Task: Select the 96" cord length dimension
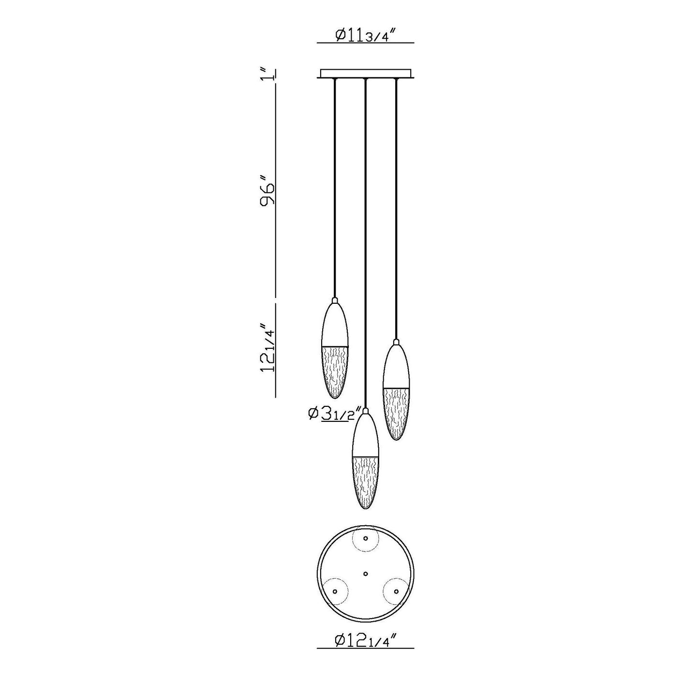tap(268, 194)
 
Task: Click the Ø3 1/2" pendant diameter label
tap(334, 414)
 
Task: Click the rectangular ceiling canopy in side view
tap(365, 74)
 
